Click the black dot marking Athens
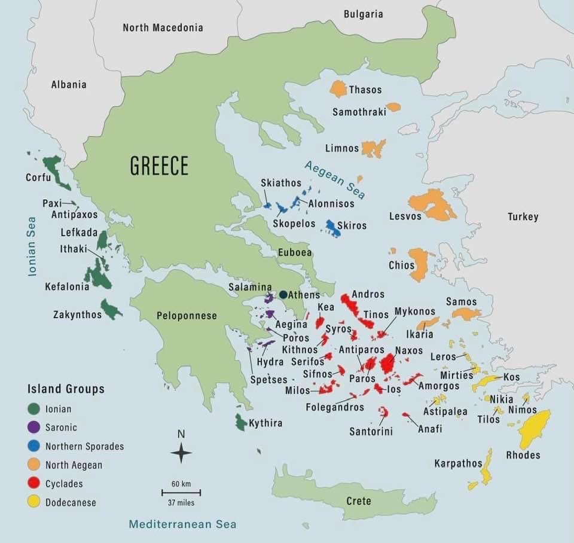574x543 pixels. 283,295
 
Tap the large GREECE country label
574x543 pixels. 159,166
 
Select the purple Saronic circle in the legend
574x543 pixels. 34,427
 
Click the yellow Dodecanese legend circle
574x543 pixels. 34,502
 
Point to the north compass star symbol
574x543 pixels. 181,453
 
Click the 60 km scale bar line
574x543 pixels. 181,493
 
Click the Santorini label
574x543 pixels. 371,431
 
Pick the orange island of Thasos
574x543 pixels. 338,89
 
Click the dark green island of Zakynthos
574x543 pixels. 110,309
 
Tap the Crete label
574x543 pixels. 359,501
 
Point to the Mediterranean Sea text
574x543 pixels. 182,524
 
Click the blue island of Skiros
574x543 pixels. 332,228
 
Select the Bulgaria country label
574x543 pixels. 363,14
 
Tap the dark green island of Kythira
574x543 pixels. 240,422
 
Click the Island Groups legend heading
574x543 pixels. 66,389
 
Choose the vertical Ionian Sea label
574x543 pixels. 32,246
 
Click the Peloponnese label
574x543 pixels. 187,315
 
